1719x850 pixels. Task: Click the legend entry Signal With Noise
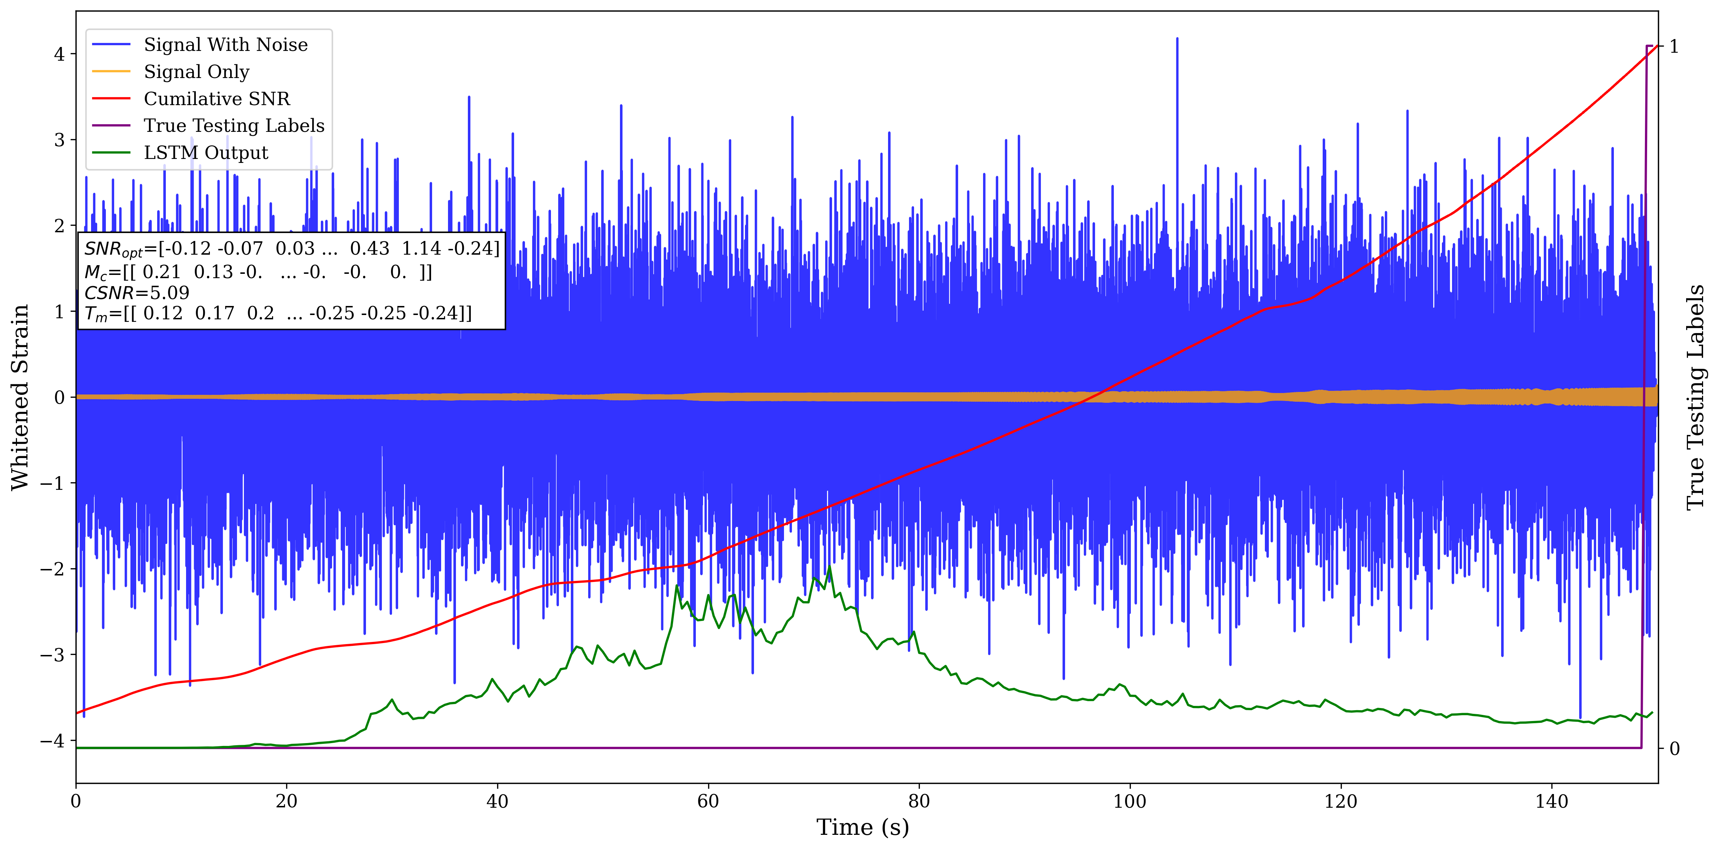(x=225, y=45)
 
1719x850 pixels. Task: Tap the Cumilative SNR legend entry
(x=217, y=99)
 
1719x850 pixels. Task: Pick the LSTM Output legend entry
(x=206, y=153)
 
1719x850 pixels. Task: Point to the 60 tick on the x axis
(x=708, y=801)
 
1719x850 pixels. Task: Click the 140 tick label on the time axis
(x=1551, y=801)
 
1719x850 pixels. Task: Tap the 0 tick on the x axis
(x=76, y=801)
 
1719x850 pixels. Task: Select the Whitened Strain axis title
(x=20, y=397)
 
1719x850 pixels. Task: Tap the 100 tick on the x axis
(x=1130, y=801)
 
